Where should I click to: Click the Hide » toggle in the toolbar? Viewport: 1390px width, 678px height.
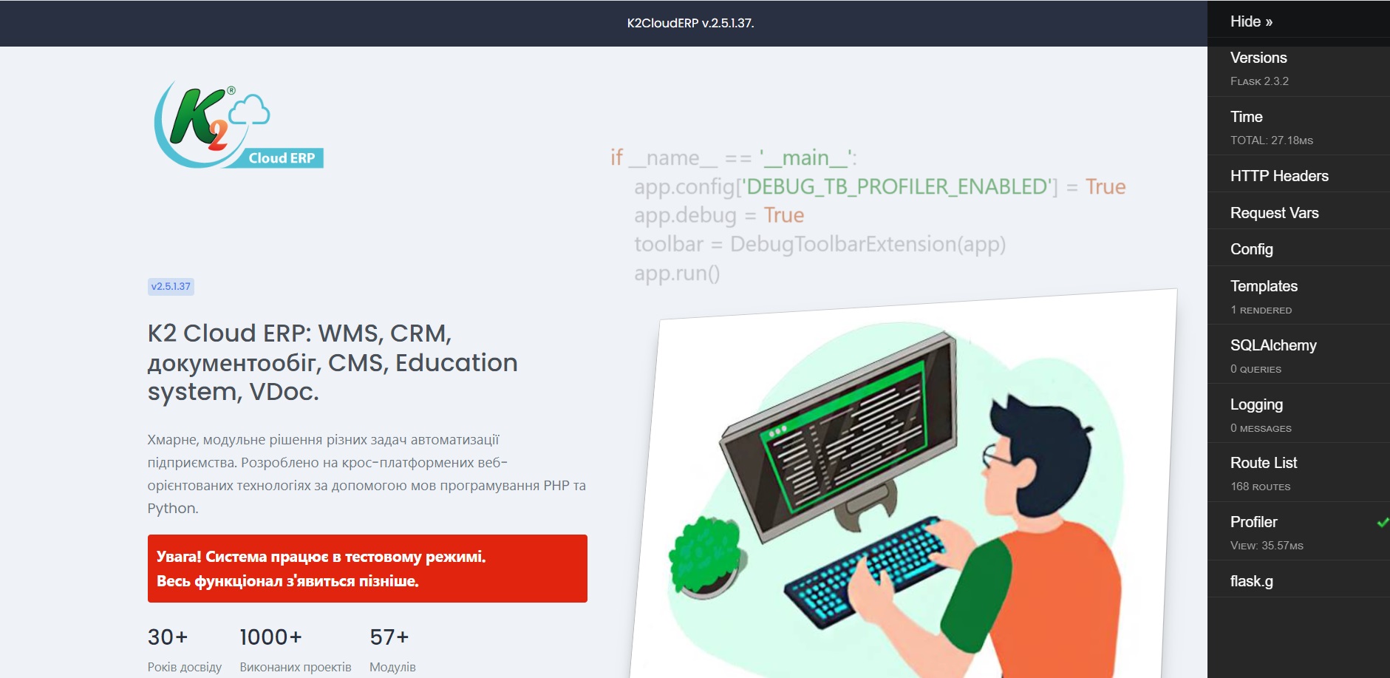pyautogui.click(x=1251, y=21)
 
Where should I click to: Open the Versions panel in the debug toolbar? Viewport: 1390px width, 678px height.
pyautogui.click(x=1258, y=58)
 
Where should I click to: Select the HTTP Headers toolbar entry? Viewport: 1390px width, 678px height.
pyautogui.click(x=1279, y=176)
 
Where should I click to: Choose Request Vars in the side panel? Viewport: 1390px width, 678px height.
pyautogui.click(x=1274, y=213)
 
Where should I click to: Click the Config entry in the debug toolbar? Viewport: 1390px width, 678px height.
pyautogui.click(x=1251, y=249)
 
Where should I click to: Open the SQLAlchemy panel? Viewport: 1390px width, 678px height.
pyautogui.click(x=1273, y=345)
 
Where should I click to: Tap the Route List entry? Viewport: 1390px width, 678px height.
pyautogui.click(x=1264, y=463)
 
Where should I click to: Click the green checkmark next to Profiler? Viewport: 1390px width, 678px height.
pyautogui.click(x=1383, y=523)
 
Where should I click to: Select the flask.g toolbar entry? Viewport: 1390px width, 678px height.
pyautogui.click(x=1251, y=581)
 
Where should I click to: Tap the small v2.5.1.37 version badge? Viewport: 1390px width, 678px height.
pyautogui.click(x=171, y=287)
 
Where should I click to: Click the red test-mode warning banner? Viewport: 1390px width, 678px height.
pyautogui.click(x=367, y=569)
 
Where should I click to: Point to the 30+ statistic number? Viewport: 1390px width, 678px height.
pyautogui.click(x=168, y=637)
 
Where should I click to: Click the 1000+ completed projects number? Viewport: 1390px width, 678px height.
pyautogui.click(x=270, y=637)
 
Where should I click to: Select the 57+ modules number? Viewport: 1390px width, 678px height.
pyautogui.click(x=389, y=637)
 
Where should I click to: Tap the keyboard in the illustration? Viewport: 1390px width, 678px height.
pyautogui.click(x=865, y=572)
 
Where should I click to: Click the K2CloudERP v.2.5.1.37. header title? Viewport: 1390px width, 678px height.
pyautogui.click(x=690, y=23)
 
